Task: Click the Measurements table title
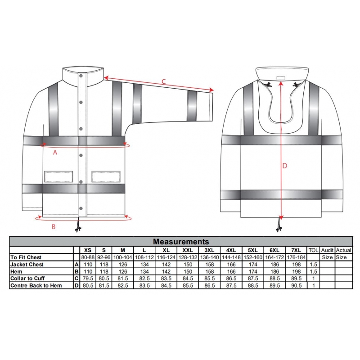[181, 242]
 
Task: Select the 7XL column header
[296, 250]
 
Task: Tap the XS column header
[88, 250]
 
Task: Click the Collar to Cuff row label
[27, 279]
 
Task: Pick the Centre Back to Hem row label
[36, 286]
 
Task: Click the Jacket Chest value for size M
[123, 265]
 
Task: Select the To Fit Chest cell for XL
[166, 257]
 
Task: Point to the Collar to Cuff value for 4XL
[231, 279]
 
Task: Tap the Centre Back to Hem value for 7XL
[296, 286]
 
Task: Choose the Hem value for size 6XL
[274, 272]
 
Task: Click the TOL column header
[313, 250]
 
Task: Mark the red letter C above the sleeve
[163, 81]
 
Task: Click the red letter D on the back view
[285, 166]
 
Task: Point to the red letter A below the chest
[55, 152]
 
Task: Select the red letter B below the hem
[54, 227]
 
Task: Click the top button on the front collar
[81, 76]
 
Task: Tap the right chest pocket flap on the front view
[106, 176]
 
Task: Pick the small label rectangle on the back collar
[280, 78]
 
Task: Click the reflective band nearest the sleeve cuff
[192, 106]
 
